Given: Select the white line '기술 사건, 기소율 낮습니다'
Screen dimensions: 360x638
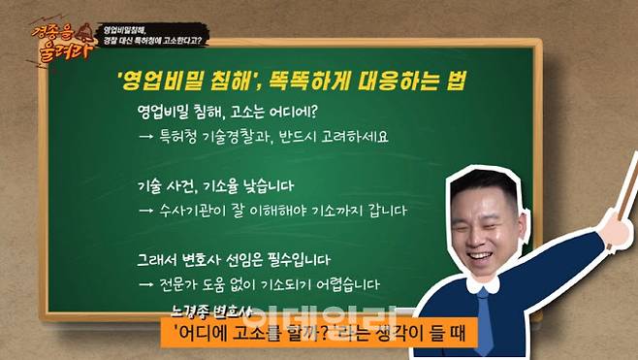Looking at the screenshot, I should (x=216, y=185).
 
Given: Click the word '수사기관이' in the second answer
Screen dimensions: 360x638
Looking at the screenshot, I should (x=196, y=211).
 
